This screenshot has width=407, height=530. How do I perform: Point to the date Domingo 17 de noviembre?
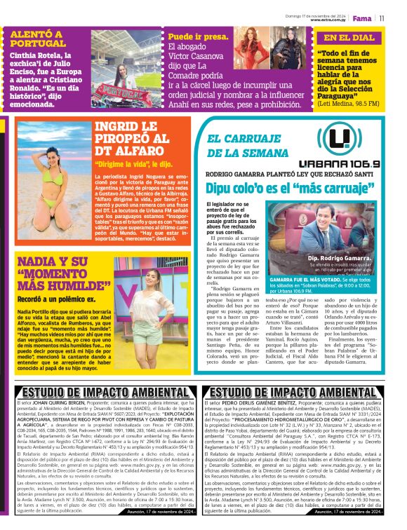tap(317, 15)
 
